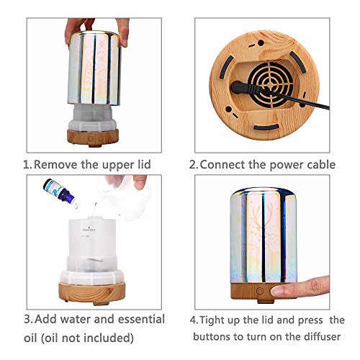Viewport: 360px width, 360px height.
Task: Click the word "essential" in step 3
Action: (x=141, y=319)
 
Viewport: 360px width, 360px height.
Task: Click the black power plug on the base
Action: (x=246, y=89)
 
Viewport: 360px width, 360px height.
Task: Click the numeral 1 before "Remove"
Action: (x=27, y=165)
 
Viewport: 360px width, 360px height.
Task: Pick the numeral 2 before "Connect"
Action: (x=192, y=165)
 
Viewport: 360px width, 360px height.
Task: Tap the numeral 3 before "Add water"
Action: (x=28, y=320)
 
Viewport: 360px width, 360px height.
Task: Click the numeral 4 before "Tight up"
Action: (x=194, y=320)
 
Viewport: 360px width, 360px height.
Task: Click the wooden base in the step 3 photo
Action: (x=92, y=292)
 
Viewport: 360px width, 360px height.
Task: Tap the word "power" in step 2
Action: (x=283, y=166)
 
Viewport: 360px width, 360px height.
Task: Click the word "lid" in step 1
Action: (x=144, y=164)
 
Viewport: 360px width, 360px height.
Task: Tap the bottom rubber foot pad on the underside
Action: (x=266, y=127)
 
